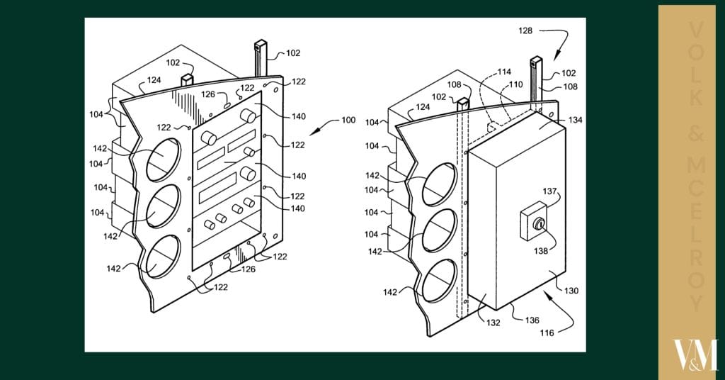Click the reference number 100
click(x=348, y=120)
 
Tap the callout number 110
click(x=516, y=85)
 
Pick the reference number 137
click(x=550, y=191)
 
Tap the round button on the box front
click(x=538, y=225)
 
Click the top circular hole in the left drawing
click(x=164, y=158)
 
